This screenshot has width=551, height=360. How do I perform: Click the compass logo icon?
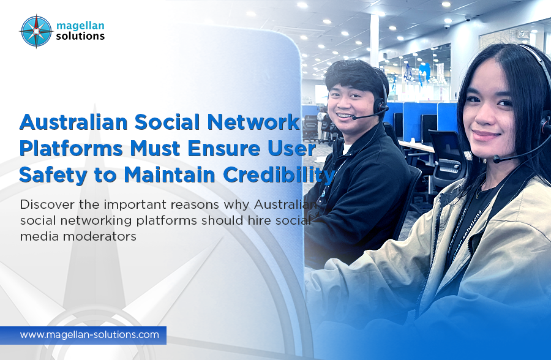pos(37,31)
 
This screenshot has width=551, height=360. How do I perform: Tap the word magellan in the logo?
pos(80,26)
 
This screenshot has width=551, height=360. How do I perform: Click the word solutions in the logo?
pos(80,36)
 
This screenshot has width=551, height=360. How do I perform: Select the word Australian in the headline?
pos(73,122)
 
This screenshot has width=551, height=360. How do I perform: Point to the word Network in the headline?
pos(253,122)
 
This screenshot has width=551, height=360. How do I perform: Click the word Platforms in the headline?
pos(71,148)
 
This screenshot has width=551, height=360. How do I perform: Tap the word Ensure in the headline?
pos(224,148)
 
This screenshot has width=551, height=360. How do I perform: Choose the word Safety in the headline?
pos(53,175)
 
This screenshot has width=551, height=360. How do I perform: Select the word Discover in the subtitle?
pos(47,204)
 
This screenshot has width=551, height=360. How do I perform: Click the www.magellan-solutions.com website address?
pos(89,334)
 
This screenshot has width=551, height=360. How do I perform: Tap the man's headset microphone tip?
pos(354,118)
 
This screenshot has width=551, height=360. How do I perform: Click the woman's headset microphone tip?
pos(497,159)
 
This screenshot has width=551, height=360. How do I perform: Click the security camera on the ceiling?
pos(447,26)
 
